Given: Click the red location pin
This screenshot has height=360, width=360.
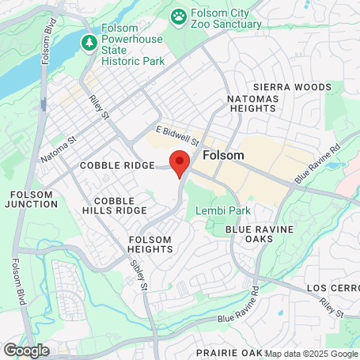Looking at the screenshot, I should pyautogui.click(x=180, y=163).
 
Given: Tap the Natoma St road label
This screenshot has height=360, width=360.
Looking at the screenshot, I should pyautogui.click(x=59, y=149).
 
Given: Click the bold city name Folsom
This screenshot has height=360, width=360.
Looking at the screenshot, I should pyautogui.click(x=223, y=155).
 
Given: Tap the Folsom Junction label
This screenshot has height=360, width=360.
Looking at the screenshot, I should pyautogui.click(x=32, y=199).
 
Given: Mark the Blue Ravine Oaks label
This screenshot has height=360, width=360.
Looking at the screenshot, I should pyautogui.click(x=259, y=233).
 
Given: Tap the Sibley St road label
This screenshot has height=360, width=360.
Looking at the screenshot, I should pyautogui.click(x=139, y=277).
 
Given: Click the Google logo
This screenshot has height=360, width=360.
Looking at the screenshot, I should pyautogui.click(x=26, y=351).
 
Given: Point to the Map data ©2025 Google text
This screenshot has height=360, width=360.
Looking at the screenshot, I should pyautogui.click(x=311, y=354).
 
